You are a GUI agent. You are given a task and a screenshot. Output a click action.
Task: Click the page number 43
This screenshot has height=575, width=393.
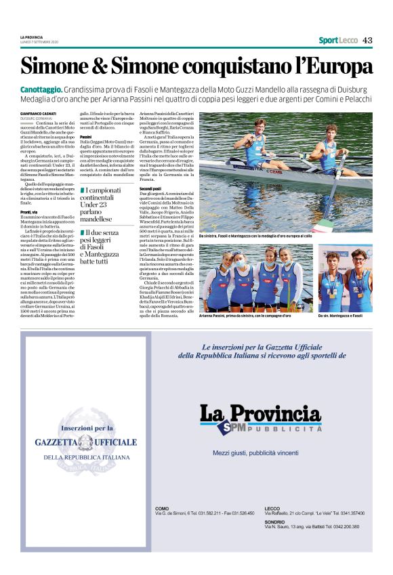[x=367, y=40]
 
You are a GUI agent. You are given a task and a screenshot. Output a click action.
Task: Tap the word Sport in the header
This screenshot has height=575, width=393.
[x=329, y=40]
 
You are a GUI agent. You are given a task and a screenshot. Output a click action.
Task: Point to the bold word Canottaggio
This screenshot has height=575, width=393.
[x=42, y=89]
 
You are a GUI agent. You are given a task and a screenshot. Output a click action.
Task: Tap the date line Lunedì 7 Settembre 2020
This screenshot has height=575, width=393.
[x=39, y=43]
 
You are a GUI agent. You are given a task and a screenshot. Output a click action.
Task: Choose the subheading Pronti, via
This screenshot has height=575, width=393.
[x=30, y=212]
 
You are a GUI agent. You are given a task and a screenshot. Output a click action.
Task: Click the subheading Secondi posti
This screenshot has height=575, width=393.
[x=150, y=188]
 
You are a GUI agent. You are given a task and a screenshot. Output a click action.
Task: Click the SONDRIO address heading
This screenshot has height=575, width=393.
[x=274, y=522]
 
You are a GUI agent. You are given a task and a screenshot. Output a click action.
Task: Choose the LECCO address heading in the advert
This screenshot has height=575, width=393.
[x=272, y=508]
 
